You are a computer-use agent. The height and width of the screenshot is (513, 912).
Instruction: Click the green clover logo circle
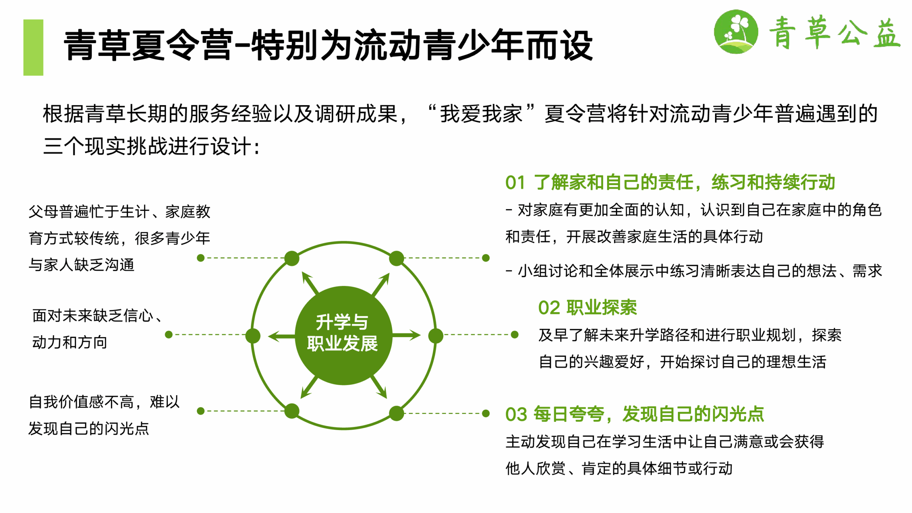coord(736,32)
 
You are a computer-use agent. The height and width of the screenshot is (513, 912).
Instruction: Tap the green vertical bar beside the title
coord(33,47)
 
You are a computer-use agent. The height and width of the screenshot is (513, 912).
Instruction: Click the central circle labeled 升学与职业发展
coord(343,336)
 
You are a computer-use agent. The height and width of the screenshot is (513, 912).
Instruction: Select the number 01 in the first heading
coord(515,183)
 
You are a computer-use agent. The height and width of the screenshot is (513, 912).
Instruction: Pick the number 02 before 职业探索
coord(549,308)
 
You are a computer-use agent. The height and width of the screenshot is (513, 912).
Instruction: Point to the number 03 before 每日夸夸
coord(516,414)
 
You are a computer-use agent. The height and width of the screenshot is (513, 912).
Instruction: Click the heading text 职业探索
coord(602,307)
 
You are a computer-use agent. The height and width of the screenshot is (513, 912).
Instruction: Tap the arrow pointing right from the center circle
coord(406,335)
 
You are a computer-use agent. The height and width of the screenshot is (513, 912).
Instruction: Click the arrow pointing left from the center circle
coord(282,336)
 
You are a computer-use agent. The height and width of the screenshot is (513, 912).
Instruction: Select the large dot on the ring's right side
coord(435,336)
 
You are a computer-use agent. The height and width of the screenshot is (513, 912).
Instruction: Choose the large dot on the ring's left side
coord(253,336)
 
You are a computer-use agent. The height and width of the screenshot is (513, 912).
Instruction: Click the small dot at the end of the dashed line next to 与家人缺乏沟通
coord(201,258)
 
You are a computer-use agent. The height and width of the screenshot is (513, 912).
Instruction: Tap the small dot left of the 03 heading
coord(486,413)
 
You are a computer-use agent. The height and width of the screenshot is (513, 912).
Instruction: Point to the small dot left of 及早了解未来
coord(514,335)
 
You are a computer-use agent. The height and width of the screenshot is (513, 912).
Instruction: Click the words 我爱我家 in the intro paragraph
coord(481,114)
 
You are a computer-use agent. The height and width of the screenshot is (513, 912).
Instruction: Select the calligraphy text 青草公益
coord(835,33)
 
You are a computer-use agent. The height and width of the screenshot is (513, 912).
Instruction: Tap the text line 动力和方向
coord(70,342)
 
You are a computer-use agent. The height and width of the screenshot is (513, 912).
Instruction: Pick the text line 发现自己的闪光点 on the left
coord(89,428)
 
